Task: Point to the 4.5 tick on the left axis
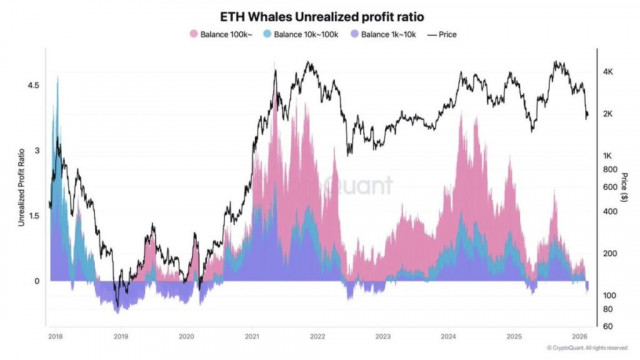pyautogui.click(x=34, y=87)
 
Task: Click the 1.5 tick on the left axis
pyautogui.click(x=34, y=216)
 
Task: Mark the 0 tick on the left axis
pyautogui.click(x=37, y=281)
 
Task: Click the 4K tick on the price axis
pyautogui.click(x=607, y=73)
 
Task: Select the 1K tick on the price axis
pyautogui.click(x=607, y=156)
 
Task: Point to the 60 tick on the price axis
pyautogui.click(x=606, y=325)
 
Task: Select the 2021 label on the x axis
pyautogui.click(x=253, y=337)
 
